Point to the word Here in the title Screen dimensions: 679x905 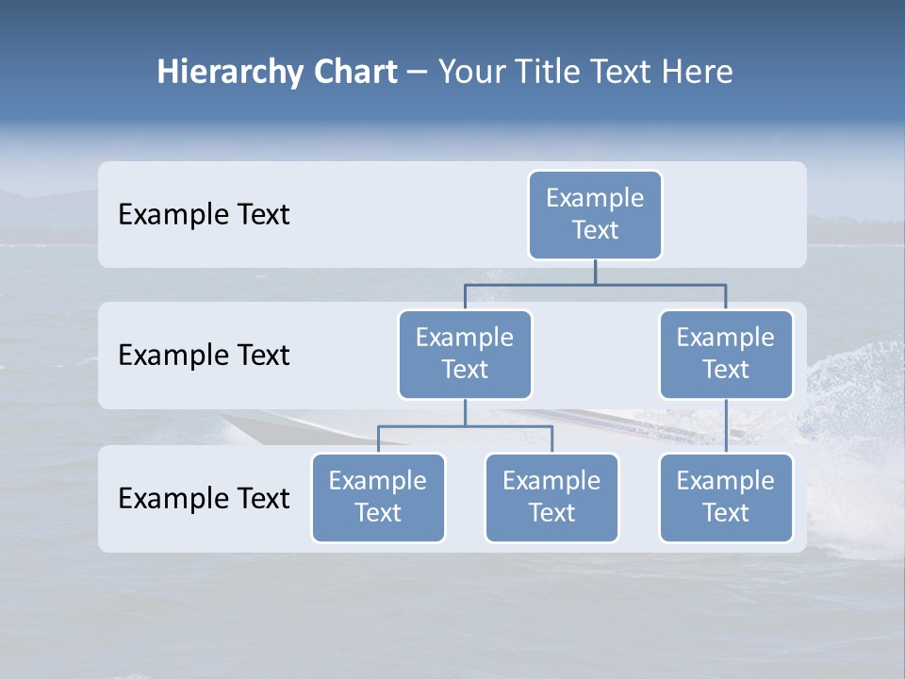pos(699,73)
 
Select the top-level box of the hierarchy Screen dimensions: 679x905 pos(595,214)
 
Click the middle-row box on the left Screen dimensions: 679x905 pos(465,354)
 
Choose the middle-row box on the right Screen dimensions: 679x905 pos(726,354)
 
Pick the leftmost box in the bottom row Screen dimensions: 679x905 pos(378,497)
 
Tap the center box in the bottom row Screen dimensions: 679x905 pos(551,497)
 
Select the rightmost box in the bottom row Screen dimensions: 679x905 pos(726,497)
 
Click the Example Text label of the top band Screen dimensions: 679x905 pos(204,215)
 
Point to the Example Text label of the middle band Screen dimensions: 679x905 pos(204,356)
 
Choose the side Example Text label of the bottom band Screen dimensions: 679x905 pos(204,498)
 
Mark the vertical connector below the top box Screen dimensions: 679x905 pos(595,272)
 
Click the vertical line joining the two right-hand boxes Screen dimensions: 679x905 pos(726,426)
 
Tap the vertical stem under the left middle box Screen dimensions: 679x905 pos(465,412)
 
